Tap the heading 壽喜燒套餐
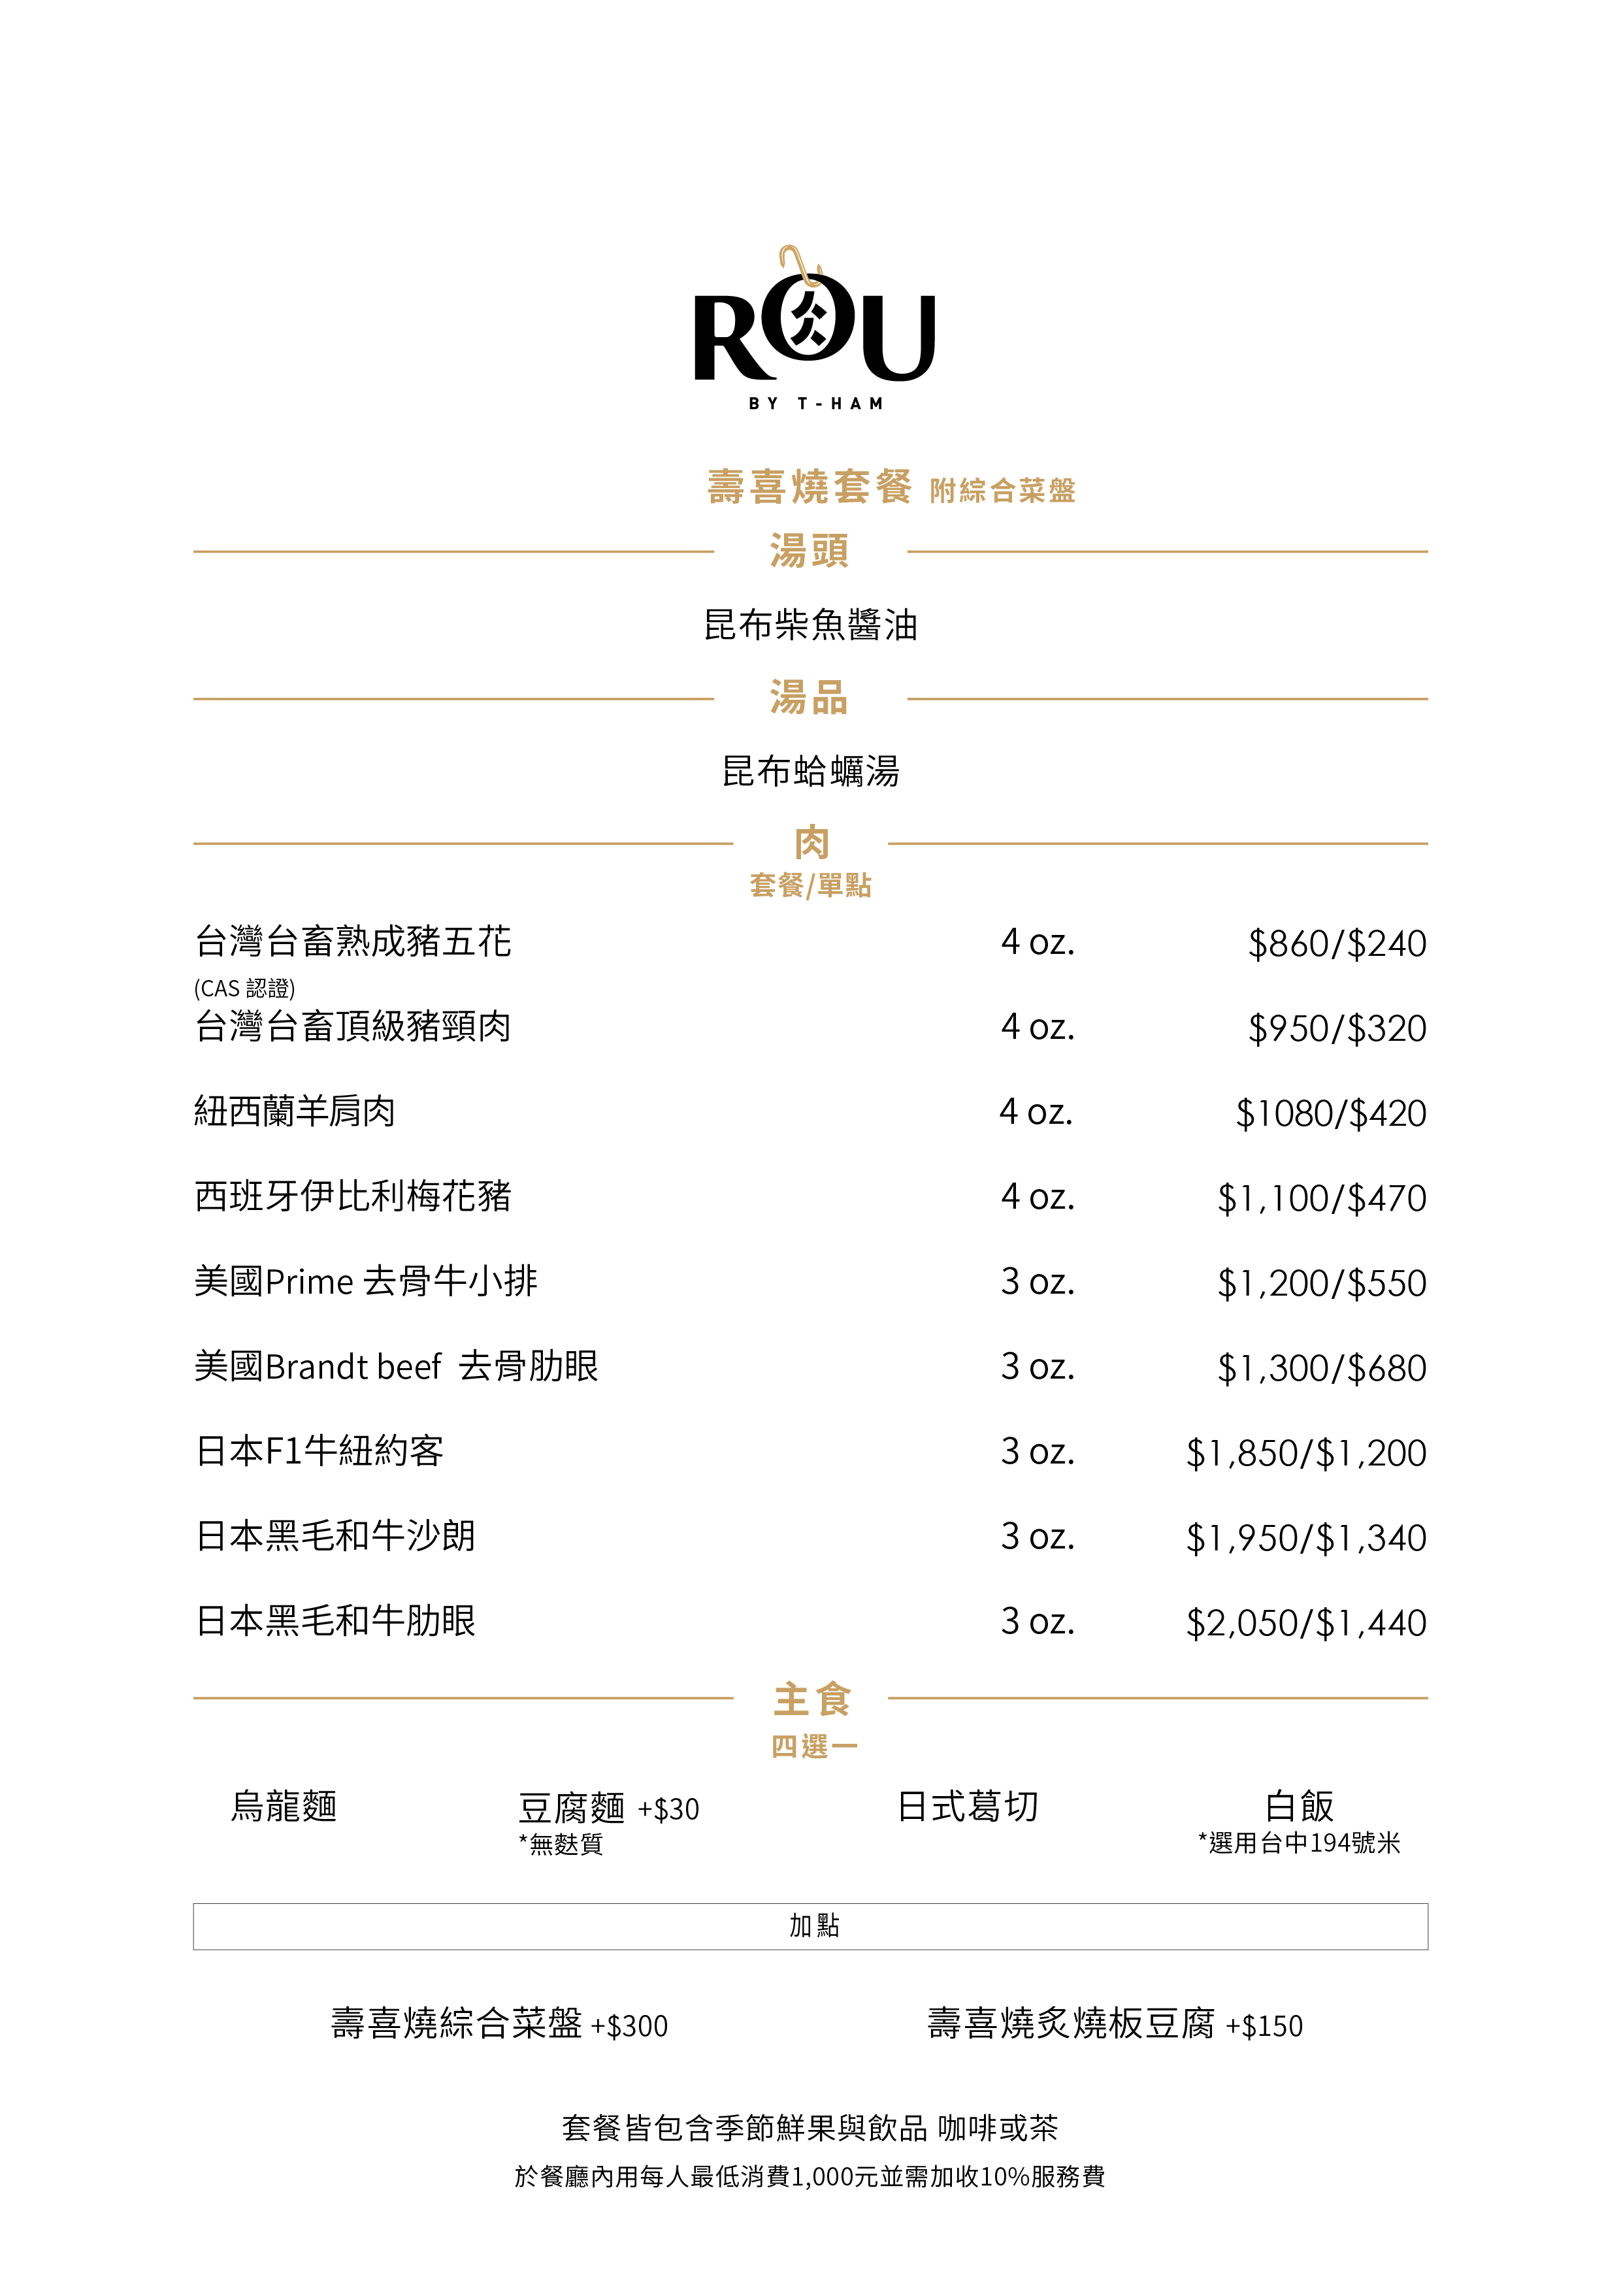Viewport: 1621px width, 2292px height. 810,487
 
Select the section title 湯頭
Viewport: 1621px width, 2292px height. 810,551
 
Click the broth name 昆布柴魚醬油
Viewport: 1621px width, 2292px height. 810,625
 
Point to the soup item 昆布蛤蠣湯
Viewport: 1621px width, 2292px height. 810,772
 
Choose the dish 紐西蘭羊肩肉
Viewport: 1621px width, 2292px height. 295,1111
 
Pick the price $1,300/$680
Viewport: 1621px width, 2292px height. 1322,1367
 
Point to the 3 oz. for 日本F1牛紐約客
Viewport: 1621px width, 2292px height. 1038,1452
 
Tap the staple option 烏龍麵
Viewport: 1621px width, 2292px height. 284,1807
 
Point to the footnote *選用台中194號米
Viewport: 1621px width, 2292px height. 1299,1842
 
